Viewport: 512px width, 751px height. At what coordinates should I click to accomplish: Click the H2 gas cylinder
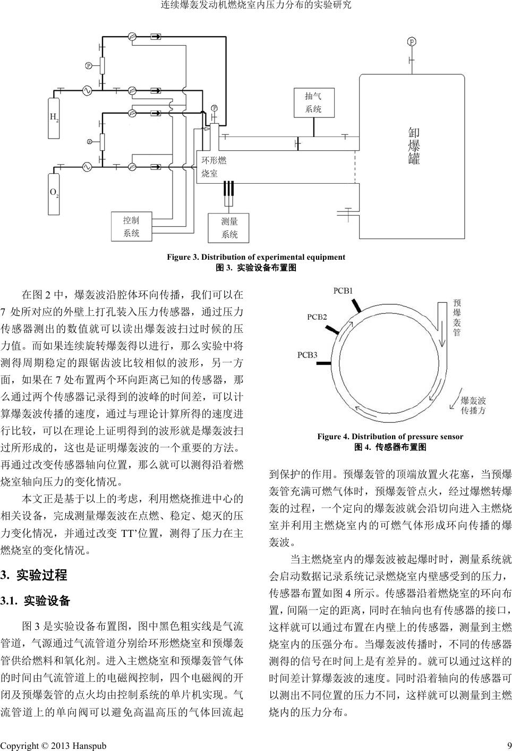click(54, 117)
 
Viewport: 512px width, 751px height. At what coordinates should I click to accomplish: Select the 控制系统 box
click(131, 227)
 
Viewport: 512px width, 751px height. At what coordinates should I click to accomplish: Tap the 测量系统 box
click(229, 228)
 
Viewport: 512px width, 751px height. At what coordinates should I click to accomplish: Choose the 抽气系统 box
click(313, 103)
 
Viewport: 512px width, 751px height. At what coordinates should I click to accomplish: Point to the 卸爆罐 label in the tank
click(414, 146)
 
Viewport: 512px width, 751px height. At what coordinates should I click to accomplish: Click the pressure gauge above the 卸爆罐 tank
click(412, 42)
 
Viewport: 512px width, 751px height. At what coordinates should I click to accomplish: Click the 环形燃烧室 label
click(214, 166)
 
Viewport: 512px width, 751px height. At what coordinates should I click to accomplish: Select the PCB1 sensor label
click(343, 291)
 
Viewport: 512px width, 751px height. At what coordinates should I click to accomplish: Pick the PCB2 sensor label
click(317, 317)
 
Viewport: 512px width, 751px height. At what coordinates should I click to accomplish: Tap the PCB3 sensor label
click(307, 355)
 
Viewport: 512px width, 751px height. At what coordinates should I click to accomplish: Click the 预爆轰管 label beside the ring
click(457, 318)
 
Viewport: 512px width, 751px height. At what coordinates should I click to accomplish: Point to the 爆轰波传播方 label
click(473, 405)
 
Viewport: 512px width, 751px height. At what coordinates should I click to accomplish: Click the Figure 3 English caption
click(256, 257)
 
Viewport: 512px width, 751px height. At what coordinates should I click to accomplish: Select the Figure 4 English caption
click(390, 437)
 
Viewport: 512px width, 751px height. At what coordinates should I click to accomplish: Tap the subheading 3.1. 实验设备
click(36, 601)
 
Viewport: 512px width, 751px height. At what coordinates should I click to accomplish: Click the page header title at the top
click(256, 6)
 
